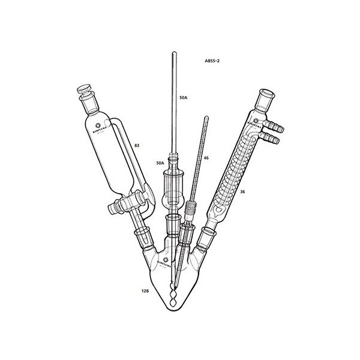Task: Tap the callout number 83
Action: point(137,145)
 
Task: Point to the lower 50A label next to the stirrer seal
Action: point(160,163)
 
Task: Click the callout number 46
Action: point(206,158)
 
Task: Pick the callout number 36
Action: point(242,192)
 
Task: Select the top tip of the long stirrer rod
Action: point(174,55)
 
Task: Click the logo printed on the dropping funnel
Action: point(98,127)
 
